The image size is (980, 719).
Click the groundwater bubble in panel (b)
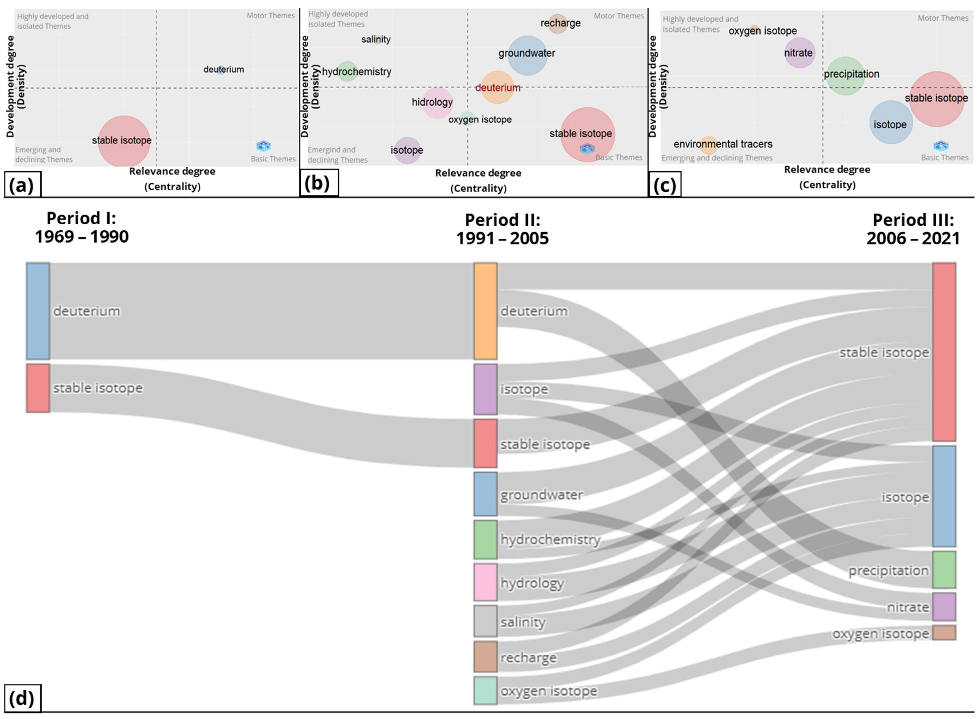pos(527,55)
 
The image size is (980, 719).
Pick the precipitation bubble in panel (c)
pos(845,76)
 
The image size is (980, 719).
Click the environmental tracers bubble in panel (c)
pos(708,145)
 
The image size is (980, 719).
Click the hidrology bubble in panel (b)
pos(437,103)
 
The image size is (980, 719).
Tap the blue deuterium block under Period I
pos(38,311)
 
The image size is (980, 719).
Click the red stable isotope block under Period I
pos(38,388)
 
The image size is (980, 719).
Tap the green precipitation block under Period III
pos(944,570)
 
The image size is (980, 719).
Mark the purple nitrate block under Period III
pos(944,606)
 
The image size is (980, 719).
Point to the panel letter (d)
pos(22,699)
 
